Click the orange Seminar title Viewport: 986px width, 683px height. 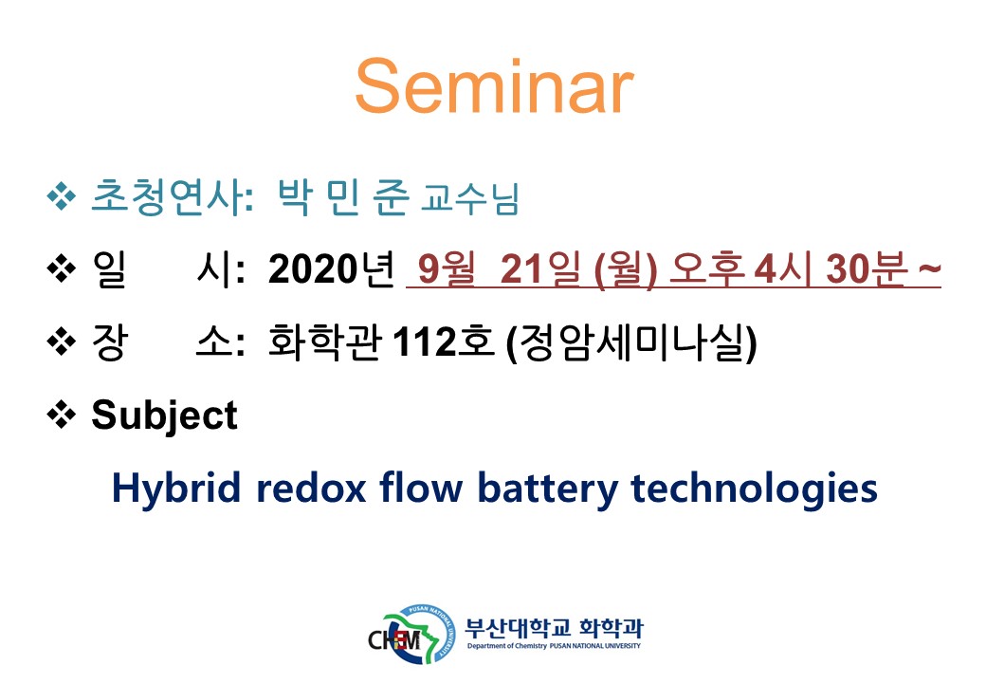pos(494,86)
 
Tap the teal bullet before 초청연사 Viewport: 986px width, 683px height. pos(61,197)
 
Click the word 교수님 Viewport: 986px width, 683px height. pos(469,199)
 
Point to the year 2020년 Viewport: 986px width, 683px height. pos(332,269)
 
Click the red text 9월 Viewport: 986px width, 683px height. pos(447,269)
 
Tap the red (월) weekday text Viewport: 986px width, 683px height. pos(626,270)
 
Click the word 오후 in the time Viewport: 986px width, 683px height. pos(706,269)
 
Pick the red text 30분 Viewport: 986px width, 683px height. pos(867,269)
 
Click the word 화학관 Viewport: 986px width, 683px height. pos(324,341)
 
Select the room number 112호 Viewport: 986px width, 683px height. pos(444,341)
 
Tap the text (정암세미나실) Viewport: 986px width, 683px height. pos(631,342)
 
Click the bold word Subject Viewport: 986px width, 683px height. pos(164,415)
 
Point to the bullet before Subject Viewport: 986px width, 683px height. pos(61,415)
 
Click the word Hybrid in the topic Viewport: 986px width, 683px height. pos(176,489)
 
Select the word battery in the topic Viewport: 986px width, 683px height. pos(548,489)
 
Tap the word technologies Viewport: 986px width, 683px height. pos(754,489)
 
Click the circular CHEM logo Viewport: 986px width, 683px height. pos(412,636)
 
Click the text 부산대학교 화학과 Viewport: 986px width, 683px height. pos(554,627)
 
